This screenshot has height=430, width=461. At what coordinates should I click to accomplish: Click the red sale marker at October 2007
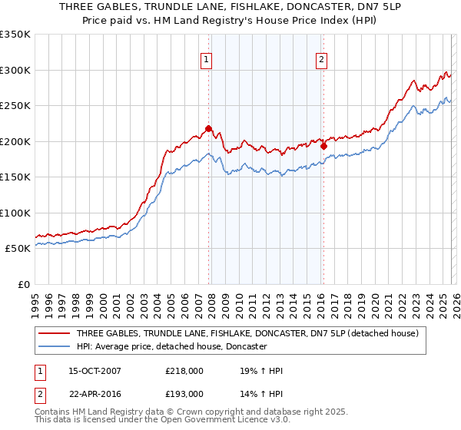pos(208,129)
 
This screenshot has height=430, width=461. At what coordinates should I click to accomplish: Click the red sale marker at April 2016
pos(323,146)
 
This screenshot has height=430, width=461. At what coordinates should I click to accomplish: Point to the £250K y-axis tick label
pos(15,106)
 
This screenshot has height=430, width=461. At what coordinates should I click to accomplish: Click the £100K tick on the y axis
pos(15,213)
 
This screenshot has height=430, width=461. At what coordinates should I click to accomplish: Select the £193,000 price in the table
pos(189,393)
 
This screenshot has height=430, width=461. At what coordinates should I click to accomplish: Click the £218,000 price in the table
pos(189,372)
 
